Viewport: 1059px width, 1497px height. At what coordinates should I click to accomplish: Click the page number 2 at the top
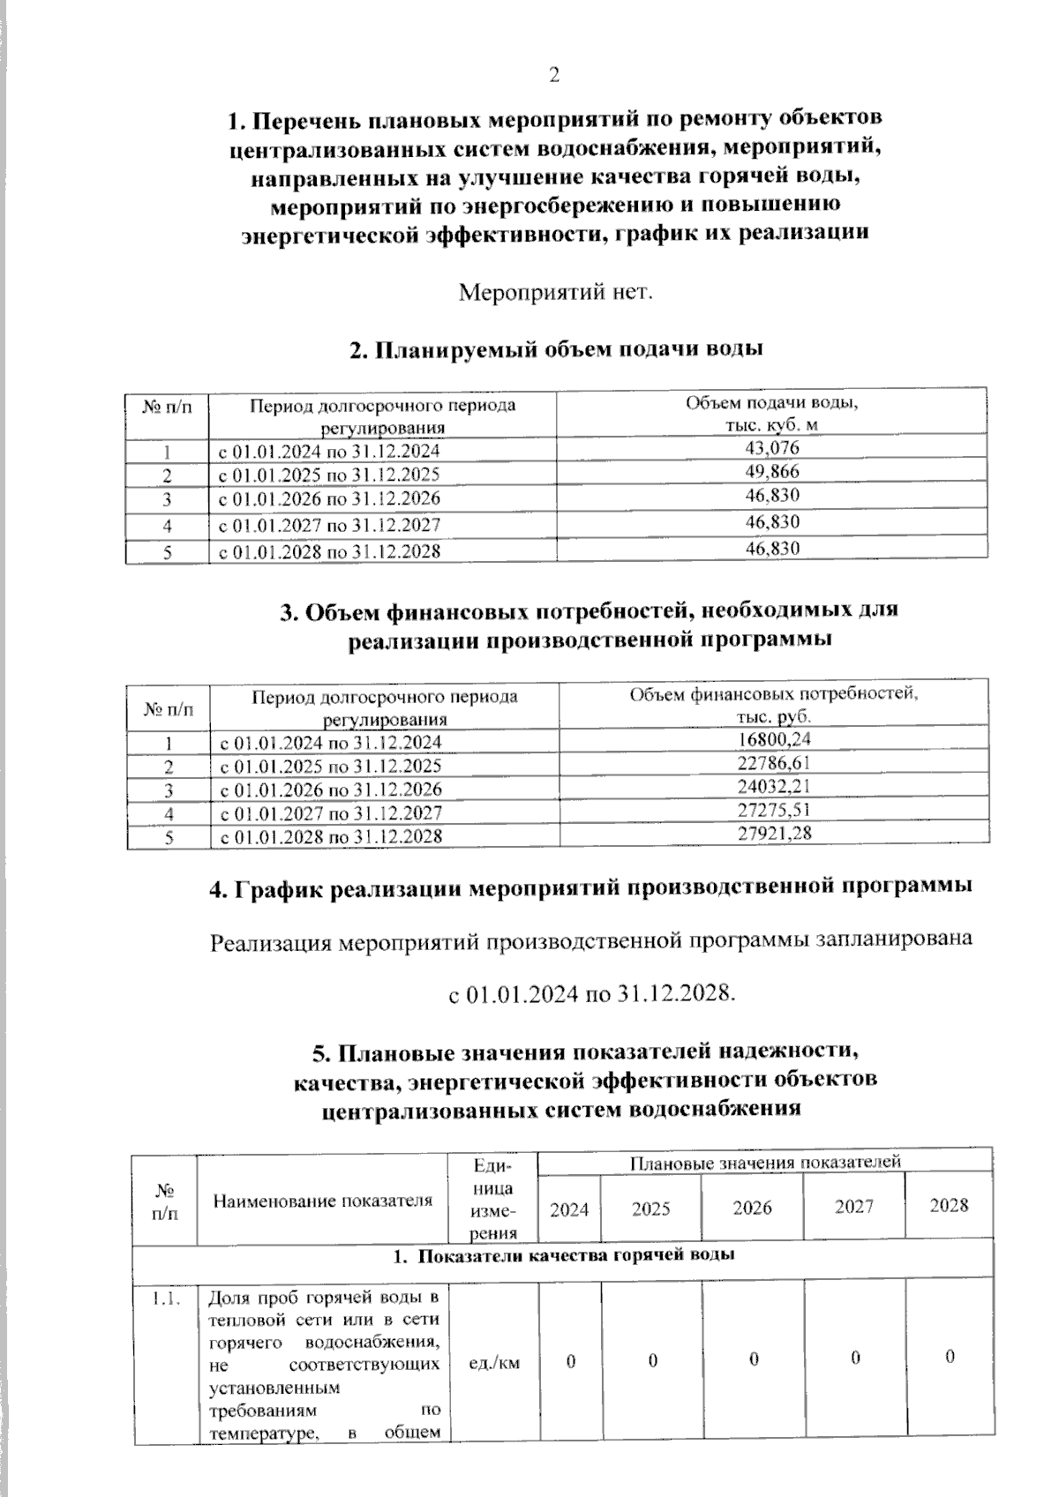[554, 76]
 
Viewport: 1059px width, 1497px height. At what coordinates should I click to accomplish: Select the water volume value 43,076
[772, 448]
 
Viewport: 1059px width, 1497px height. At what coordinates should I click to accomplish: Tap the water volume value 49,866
[772, 471]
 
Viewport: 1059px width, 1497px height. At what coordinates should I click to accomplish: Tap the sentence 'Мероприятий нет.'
[556, 291]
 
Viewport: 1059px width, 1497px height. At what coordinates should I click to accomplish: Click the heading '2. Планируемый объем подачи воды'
[556, 349]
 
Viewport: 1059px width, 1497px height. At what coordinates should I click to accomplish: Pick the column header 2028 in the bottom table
[949, 1206]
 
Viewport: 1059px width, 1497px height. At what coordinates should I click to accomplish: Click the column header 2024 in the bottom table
[569, 1209]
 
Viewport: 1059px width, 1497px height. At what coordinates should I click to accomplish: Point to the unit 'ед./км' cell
[493, 1363]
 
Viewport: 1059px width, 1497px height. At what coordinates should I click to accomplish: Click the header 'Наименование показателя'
[323, 1200]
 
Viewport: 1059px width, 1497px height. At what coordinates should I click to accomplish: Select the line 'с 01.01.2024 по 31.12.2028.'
[591, 994]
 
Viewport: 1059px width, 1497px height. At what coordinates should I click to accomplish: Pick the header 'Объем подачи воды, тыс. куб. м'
[772, 414]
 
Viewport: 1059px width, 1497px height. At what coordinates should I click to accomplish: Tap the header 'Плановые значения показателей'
[764, 1161]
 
